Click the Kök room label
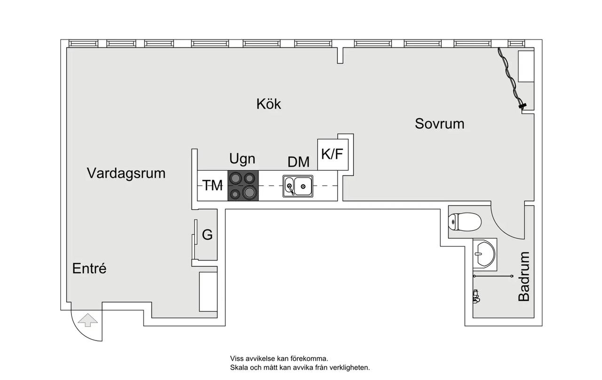(x=269, y=104)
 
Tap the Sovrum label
(x=439, y=124)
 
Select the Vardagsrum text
(x=126, y=174)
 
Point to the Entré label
(x=89, y=268)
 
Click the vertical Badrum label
(x=524, y=277)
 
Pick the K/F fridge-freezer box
(x=333, y=155)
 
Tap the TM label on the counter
(x=213, y=185)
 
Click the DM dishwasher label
(x=298, y=162)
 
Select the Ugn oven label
(x=242, y=159)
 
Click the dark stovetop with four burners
(x=243, y=185)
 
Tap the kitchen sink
(x=298, y=186)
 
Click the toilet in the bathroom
(x=464, y=222)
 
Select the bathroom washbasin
(x=484, y=254)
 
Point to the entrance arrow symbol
(x=87, y=320)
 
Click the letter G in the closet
(x=207, y=235)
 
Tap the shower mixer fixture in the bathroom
(x=476, y=296)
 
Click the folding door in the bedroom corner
(x=512, y=79)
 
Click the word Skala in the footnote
(x=238, y=368)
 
